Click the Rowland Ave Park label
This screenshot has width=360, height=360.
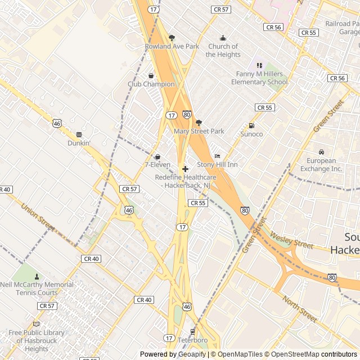coord(172,46)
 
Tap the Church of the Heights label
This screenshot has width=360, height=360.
coord(223,51)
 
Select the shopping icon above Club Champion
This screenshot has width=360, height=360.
coord(151,75)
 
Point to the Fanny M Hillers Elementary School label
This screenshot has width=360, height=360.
coord(259,78)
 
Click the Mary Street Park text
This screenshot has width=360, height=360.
coord(199,131)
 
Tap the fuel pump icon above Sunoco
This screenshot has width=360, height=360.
coord(251,125)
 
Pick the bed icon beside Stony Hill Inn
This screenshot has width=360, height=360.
coord(217,156)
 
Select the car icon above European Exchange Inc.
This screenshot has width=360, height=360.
coord(321,152)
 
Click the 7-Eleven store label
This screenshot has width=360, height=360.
coord(157,165)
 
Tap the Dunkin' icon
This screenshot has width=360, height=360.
coord(79,134)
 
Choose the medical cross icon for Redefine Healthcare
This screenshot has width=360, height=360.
coord(185,169)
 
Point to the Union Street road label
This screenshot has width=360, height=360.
coord(38,218)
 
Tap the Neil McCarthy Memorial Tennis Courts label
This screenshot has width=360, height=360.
coord(37,289)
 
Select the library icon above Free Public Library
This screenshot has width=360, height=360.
coord(37,324)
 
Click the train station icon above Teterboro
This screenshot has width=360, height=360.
coord(192,332)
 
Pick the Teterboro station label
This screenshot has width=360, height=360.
coord(192,340)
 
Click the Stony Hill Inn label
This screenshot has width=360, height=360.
coord(217,165)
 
